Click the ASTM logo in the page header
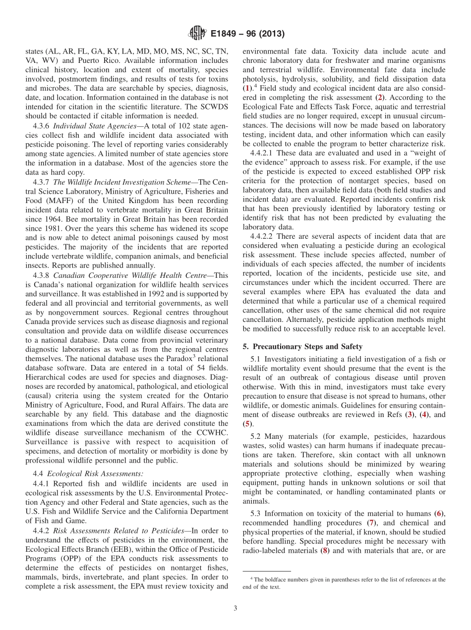tap(197, 34)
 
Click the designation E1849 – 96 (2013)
tap(247, 35)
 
